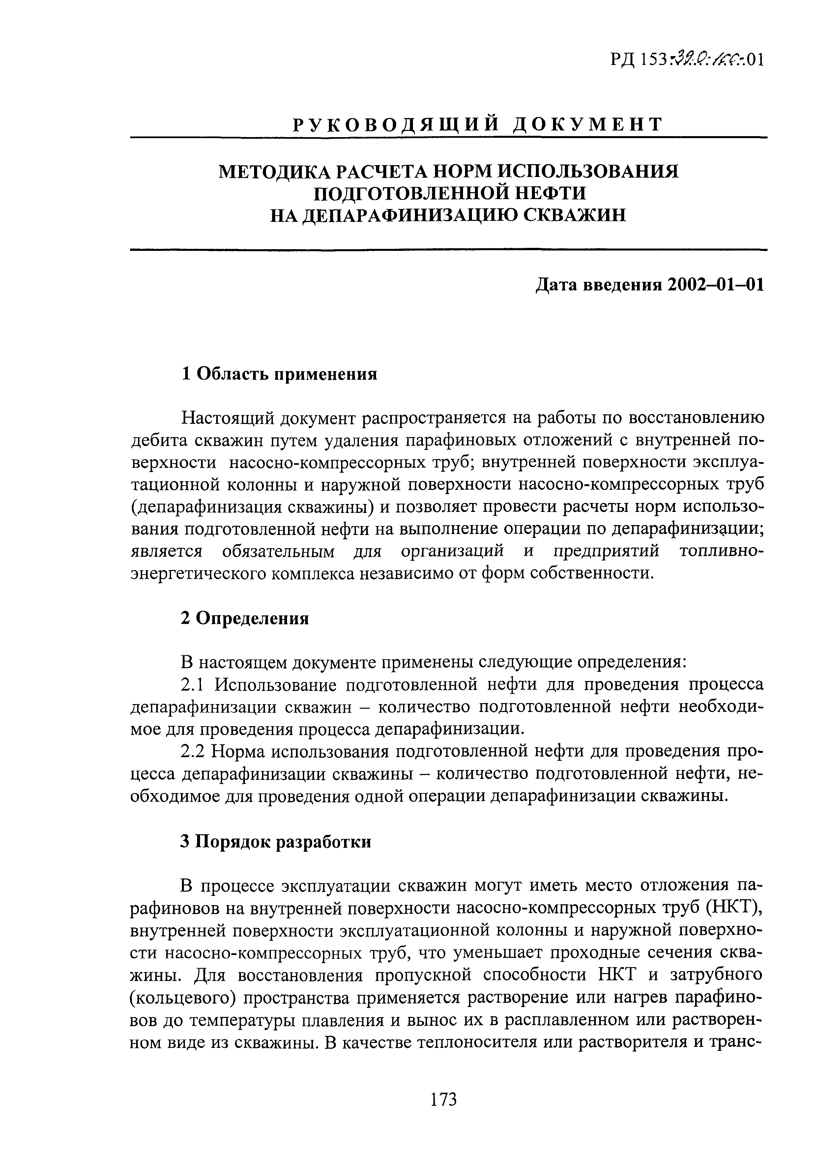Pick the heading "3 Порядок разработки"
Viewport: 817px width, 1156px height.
point(276,841)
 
